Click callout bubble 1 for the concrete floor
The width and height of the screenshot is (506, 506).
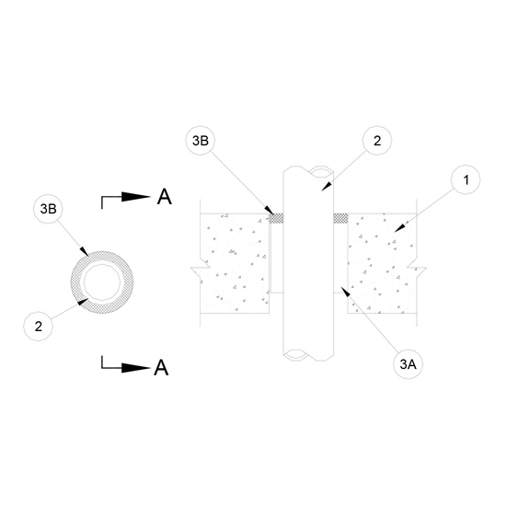(466, 179)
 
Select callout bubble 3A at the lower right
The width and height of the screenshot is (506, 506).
(408, 364)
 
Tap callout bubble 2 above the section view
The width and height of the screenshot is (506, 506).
(377, 141)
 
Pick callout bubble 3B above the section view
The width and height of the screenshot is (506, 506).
(201, 141)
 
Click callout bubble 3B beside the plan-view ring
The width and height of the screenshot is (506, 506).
(48, 209)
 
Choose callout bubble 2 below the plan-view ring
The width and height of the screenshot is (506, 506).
(38, 327)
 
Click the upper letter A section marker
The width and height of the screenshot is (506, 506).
(165, 197)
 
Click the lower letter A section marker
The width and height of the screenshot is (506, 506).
(161, 367)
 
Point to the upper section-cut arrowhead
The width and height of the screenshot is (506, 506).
(136, 197)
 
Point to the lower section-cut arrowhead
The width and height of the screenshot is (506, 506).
(136, 368)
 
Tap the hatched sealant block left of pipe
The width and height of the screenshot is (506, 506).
(277, 218)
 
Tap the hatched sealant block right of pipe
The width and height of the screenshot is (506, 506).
(340, 218)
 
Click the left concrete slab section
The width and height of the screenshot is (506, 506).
(235, 263)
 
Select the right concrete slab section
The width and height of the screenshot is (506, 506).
(382, 263)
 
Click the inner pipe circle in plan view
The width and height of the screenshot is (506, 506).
(102, 264)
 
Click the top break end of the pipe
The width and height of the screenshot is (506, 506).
(308, 171)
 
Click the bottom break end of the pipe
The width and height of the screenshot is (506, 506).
(308, 355)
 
